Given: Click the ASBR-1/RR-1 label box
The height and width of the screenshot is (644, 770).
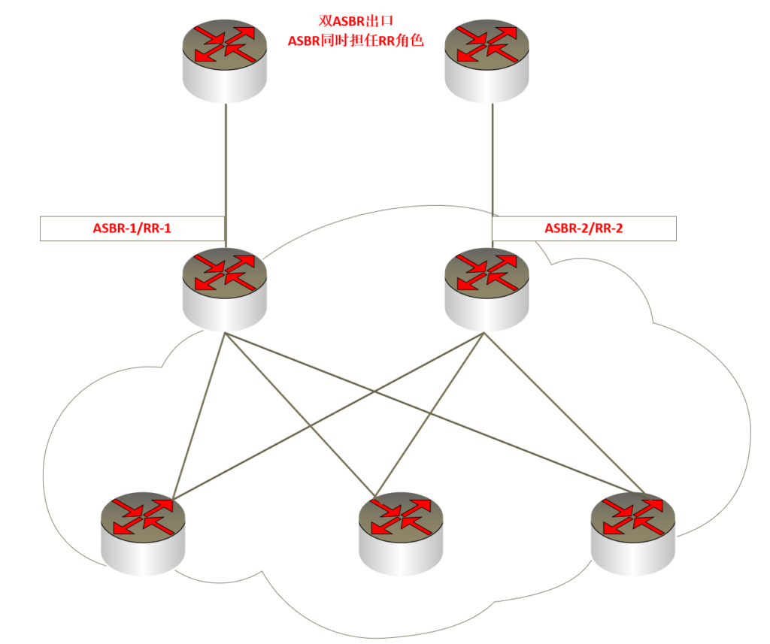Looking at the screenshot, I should (132, 228).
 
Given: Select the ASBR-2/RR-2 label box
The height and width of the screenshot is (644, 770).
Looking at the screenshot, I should (584, 228).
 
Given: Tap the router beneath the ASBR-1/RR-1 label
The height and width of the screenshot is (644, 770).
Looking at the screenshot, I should (225, 290).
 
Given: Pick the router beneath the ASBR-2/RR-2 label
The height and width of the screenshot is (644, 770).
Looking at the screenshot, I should (487, 290).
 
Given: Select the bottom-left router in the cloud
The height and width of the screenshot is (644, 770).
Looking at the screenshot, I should (143, 534).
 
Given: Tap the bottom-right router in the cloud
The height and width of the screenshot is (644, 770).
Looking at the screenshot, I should (633, 533).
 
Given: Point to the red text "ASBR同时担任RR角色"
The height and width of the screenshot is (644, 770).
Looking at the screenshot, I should (356, 41).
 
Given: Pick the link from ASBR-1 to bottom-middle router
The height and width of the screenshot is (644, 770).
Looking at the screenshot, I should (299, 413).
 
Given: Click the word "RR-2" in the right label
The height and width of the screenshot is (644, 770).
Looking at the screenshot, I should (608, 228).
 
